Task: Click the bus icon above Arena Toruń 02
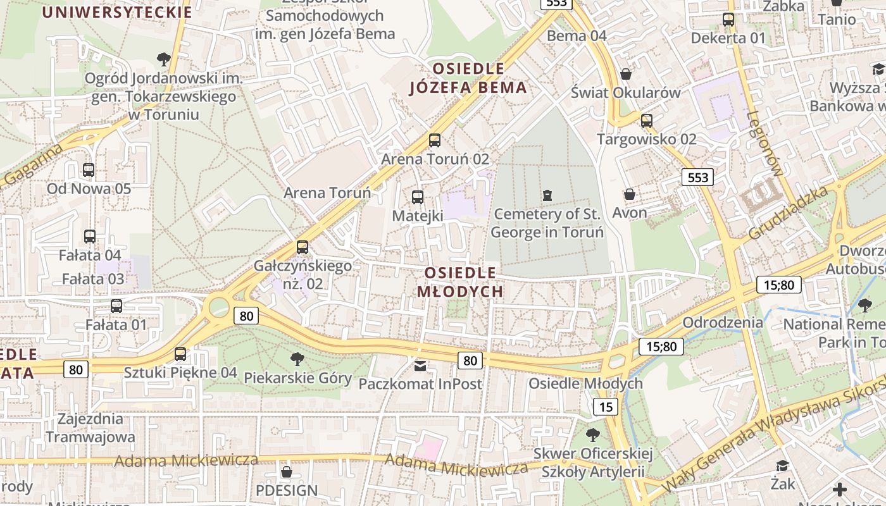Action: pos(435,140)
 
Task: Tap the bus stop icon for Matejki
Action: pos(418,197)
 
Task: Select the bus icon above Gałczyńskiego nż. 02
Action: pos(303,247)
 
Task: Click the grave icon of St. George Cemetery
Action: pos(547,195)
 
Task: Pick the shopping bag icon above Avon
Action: pos(630,194)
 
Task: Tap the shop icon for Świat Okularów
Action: pos(626,74)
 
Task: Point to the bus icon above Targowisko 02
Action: pos(647,120)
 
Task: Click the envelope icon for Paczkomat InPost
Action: pos(420,365)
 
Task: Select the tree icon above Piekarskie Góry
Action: pos(297,359)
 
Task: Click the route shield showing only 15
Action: pos(606,407)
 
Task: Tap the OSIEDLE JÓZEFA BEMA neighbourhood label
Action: pos(468,78)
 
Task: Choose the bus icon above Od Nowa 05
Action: pos(89,170)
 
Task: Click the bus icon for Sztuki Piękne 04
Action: pos(180,354)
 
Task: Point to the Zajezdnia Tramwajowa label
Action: pos(90,428)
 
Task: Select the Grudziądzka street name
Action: pos(788,213)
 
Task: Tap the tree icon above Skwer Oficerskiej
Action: pos(593,435)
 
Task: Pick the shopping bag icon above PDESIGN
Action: pos(287,472)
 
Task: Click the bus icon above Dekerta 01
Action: pos(728,20)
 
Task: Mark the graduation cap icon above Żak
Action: pos(783,466)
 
